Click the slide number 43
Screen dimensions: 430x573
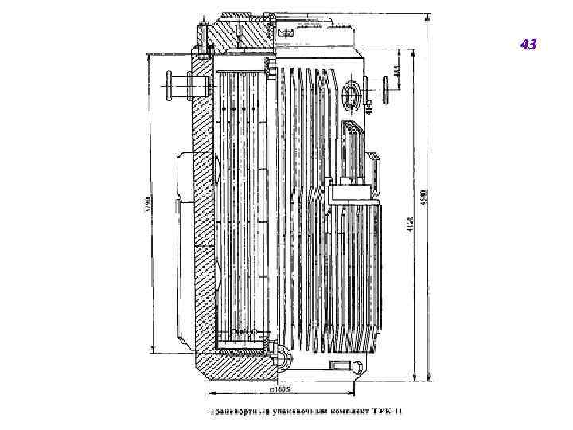pos(528,45)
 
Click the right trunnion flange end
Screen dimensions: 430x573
pos(385,84)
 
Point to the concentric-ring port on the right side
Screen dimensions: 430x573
pos(353,96)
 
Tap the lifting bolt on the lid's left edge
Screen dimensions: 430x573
pos(205,36)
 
